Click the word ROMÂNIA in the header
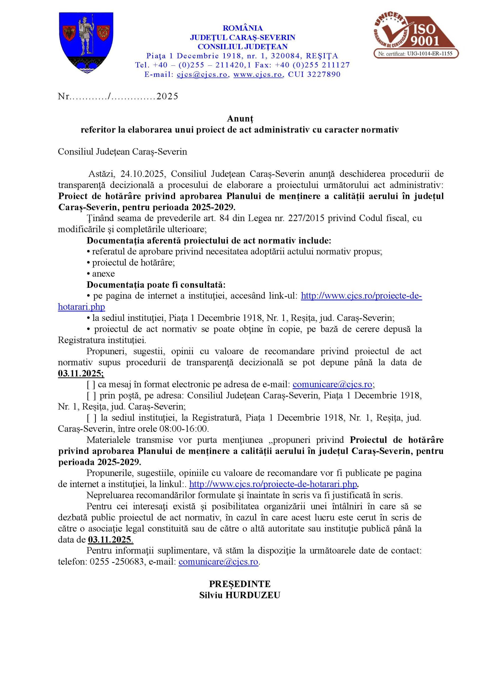[243, 28]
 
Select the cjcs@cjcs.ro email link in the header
[202, 74]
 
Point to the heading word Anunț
[240, 119]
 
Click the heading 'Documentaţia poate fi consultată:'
[156, 285]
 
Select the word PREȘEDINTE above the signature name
[240, 584]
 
